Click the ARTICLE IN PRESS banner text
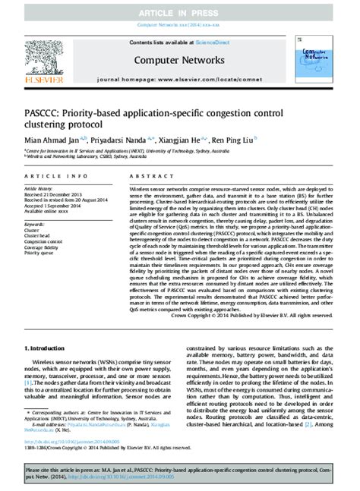pos(180,13)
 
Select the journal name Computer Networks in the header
pos(178,60)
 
